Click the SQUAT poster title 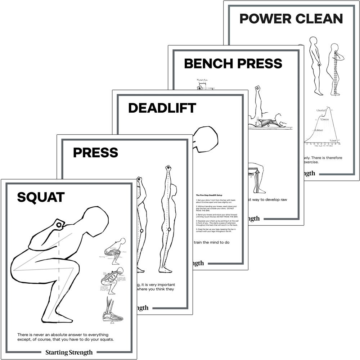click(41, 197)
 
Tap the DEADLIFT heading click(162, 108)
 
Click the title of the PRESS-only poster click(95, 152)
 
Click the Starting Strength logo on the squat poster click(69, 352)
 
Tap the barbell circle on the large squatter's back click(59, 225)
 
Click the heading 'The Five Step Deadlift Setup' click(211, 195)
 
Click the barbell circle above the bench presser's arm click(257, 88)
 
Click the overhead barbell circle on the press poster click(167, 168)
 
